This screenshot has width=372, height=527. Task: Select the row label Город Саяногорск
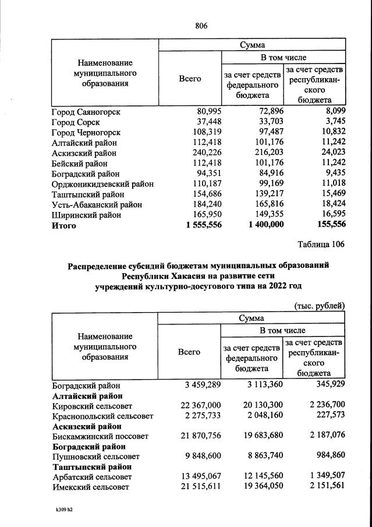click(x=86, y=112)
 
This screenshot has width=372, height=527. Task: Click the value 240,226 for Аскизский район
click(x=204, y=153)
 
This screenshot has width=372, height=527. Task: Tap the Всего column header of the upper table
click(x=189, y=79)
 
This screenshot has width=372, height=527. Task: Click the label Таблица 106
click(x=321, y=245)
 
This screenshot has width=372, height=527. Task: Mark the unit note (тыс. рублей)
click(x=318, y=305)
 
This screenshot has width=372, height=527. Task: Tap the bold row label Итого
click(x=64, y=225)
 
